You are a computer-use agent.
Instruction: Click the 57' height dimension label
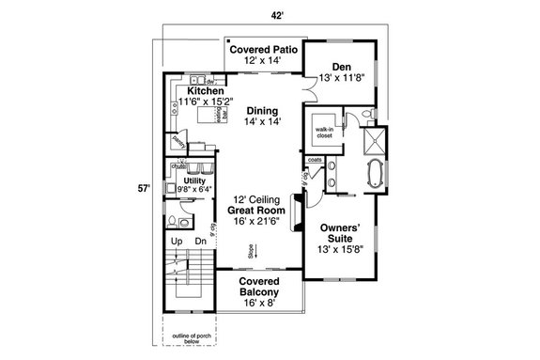(x=144, y=188)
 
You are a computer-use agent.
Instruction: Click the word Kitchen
(x=206, y=90)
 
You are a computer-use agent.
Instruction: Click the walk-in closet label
(x=325, y=133)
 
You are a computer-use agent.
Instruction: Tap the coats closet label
(x=315, y=159)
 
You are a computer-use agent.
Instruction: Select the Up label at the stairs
(x=176, y=241)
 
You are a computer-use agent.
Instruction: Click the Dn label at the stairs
(x=200, y=241)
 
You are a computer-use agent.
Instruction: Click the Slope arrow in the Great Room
(x=252, y=251)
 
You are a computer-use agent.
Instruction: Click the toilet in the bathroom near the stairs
(x=176, y=222)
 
